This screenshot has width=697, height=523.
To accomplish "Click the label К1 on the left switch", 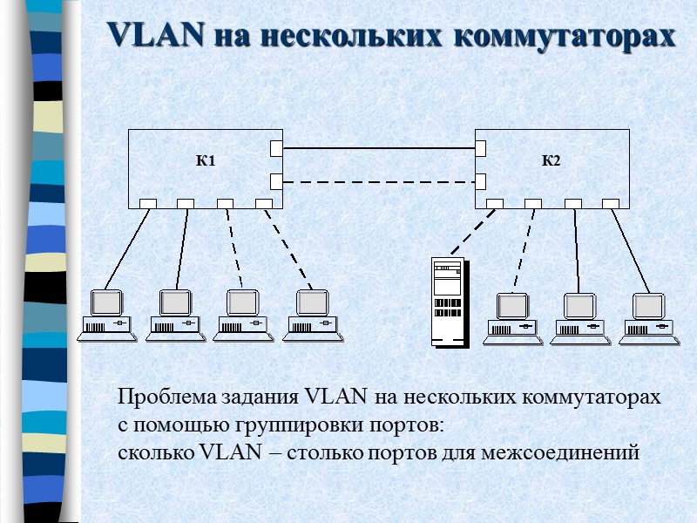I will point(206,161).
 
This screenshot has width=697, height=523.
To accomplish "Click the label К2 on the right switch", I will point(552,161).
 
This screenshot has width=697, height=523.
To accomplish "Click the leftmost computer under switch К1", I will point(107,314).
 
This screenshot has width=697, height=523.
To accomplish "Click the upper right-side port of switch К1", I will point(276,148).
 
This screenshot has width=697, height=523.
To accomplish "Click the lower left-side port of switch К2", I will point(480,181).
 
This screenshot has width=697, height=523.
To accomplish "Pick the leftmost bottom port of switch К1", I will point(146,204).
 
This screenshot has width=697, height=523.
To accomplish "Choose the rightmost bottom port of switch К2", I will point(612,204).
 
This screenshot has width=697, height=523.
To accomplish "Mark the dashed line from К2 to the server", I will point(471,231).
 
